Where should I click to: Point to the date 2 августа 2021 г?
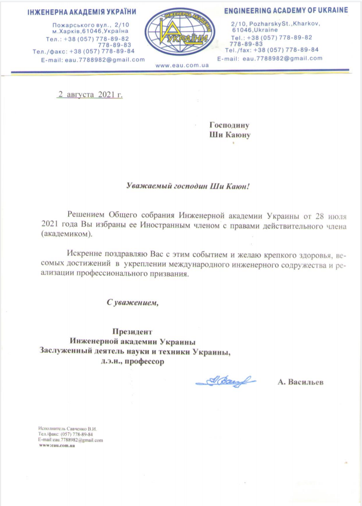(x=90, y=94)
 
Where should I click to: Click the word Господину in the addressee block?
(x=229, y=125)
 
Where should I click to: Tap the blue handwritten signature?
(x=226, y=381)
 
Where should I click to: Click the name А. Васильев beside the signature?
(x=300, y=382)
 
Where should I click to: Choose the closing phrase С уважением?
(x=132, y=302)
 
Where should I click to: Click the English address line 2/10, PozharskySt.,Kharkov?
(x=276, y=24)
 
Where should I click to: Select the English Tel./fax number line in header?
(x=272, y=50)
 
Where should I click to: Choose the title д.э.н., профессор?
(x=131, y=361)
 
